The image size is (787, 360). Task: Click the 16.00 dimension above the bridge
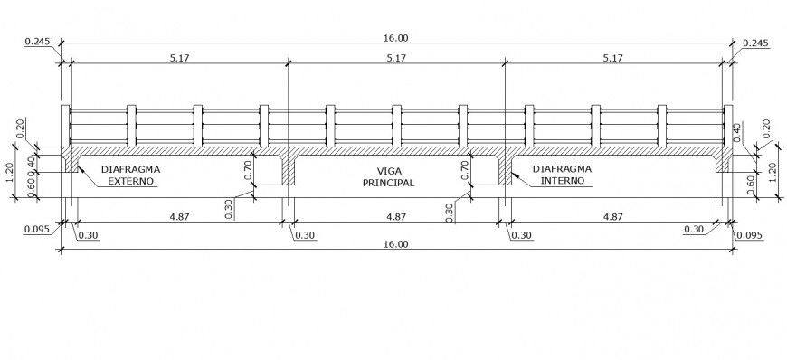pos(396,38)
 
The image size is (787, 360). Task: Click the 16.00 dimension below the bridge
pos(396,243)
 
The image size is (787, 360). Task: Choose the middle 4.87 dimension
pos(396,217)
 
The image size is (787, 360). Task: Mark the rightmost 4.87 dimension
pos(612,217)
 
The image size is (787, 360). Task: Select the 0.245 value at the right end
pos(754,43)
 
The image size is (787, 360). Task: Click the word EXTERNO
pos(132,181)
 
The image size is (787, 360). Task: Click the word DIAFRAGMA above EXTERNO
pos(132,168)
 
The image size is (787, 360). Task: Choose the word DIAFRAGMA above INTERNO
pos(564,168)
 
